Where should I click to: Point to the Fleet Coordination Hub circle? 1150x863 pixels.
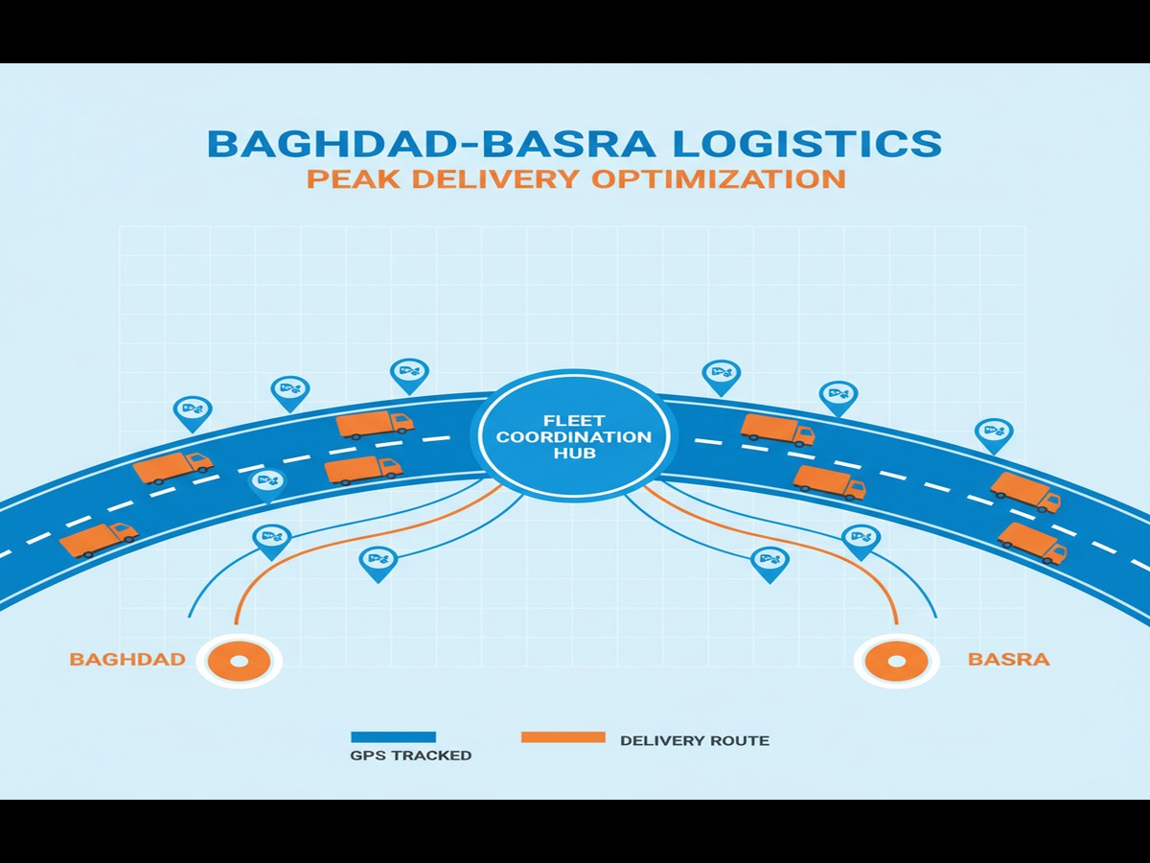(x=569, y=436)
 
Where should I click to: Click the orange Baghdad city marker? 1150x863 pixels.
(x=239, y=661)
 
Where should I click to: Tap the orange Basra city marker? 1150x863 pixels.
(x=897, y=662)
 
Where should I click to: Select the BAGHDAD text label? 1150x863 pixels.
(x=127, y=660)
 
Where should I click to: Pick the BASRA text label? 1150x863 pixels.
(x=1008, y=660)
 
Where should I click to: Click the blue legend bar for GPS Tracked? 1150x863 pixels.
(x=394, y=737)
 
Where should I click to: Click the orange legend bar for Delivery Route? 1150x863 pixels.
(x=563, y=737)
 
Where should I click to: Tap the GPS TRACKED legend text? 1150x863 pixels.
(x=411, y=756)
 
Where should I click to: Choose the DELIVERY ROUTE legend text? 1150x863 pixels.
(x=695, y=741)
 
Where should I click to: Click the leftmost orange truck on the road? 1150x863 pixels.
(x=98, y=539)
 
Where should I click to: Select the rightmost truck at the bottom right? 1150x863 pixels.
(x=1032, y=543)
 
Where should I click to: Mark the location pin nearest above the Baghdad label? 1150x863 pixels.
(x=271, y=540)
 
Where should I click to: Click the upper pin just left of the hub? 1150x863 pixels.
(x=409, y=375)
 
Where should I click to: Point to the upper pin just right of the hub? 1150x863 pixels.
(x=721, y=376)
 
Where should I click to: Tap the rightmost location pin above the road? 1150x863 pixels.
(x=994, y=434)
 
